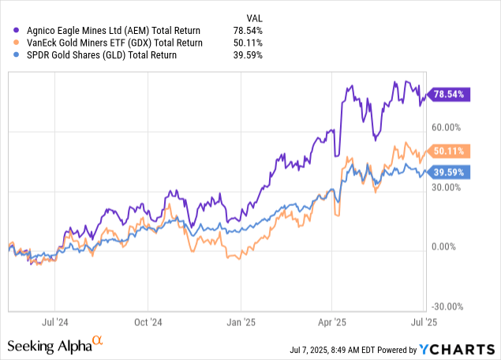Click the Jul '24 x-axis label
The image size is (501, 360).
point(54,322)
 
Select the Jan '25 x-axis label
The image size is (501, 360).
point(240,322)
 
